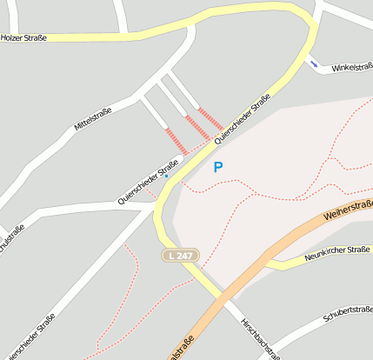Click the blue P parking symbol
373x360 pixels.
[x=218, y=167]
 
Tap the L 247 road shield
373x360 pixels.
[x=180, y=255]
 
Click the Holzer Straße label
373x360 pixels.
[x=23, y=38]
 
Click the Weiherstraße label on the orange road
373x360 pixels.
[x=347, y=214]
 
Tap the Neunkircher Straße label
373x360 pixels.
[x=338, y=256]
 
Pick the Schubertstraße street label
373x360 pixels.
[x=348, y=313]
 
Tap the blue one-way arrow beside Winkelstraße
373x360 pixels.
[x=313, y=63]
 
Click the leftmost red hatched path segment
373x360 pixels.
[x=177, y=142]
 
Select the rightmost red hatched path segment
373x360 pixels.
[x=210, y=118]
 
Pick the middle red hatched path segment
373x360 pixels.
[x=197, y=128]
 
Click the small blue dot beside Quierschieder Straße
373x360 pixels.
[x=166, y=176]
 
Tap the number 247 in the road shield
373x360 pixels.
[x=184, y=255]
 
